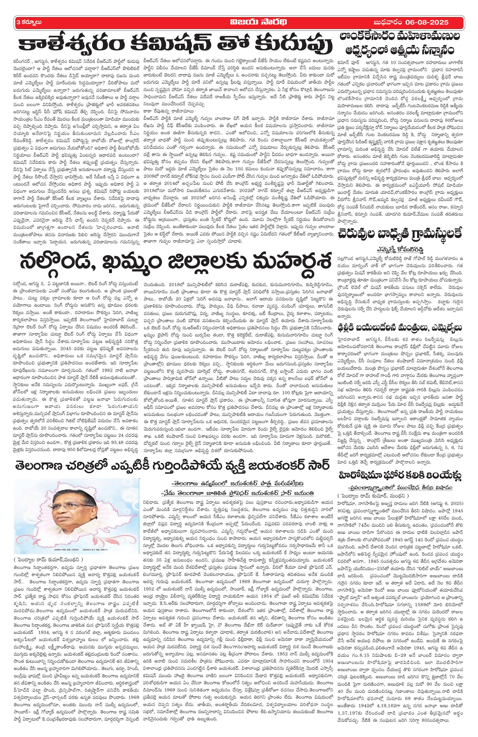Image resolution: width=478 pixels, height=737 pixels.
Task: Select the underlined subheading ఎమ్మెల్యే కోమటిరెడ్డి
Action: point(399,249)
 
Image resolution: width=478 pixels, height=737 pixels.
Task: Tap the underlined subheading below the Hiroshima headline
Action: point(399,470)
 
